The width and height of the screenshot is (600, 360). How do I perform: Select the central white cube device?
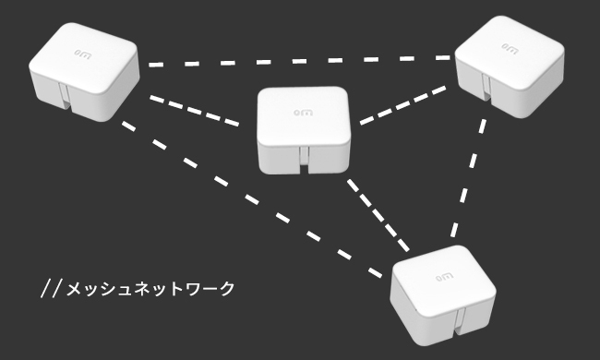pyautogui.click(x=304, y=129)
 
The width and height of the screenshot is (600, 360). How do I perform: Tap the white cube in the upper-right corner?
pyautogui.click(x=510, y=65)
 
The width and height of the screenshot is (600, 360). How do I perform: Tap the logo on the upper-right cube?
pyautogui.click(x=509, y=43)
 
